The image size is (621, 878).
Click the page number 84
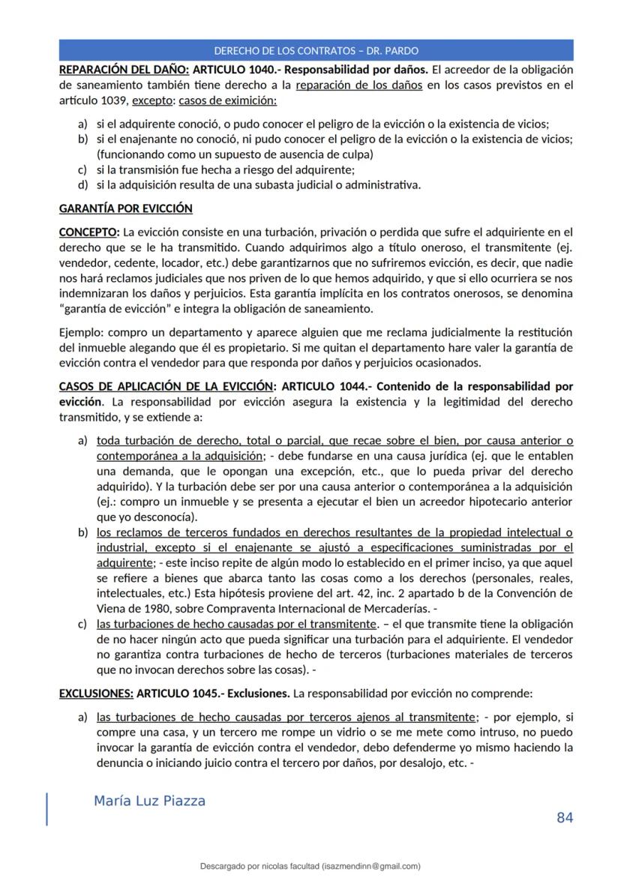[565, 817]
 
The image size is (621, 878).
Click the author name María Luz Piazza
[149, 801]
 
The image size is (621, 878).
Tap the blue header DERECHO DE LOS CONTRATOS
[316, 51]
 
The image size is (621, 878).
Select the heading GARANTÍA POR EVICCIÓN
[125, 208]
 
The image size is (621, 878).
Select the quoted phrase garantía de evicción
[110, 308]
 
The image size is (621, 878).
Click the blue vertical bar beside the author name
[47, 809]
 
